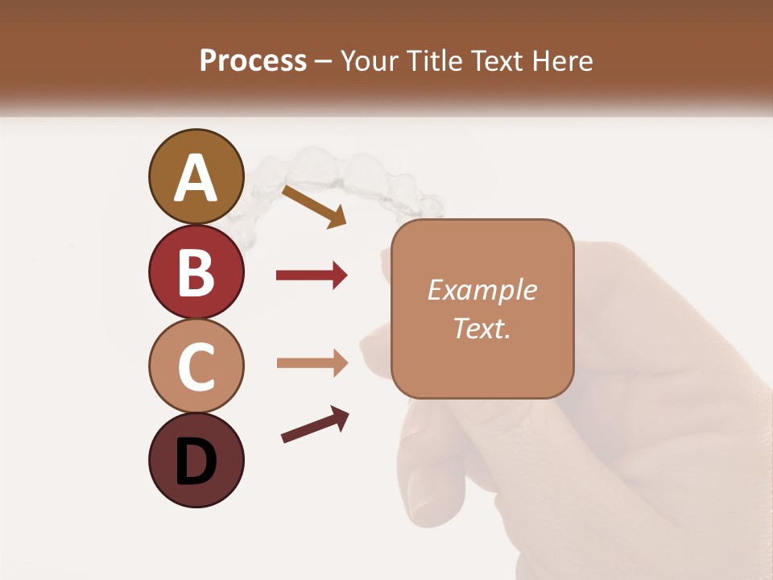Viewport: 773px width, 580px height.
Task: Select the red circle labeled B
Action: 196,272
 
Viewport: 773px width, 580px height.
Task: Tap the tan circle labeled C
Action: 196,365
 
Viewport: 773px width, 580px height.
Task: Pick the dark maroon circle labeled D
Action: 196,460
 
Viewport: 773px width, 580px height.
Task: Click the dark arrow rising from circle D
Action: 314,425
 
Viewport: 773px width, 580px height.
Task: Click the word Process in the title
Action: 253,60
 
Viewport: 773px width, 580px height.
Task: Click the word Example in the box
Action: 482,290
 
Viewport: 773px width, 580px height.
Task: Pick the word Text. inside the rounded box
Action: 482,328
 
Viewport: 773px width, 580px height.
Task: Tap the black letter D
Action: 196,462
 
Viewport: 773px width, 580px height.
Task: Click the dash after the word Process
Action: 324,62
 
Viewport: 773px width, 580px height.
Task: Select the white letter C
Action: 196,367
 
